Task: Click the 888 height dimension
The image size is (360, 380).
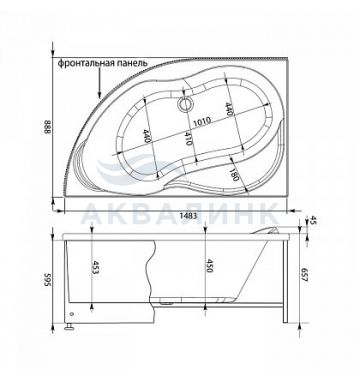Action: click(47, 127)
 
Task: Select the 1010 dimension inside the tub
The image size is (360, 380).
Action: click(201, 120)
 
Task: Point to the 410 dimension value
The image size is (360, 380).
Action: click(188, 138)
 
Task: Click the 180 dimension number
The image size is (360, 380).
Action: click(234, 174)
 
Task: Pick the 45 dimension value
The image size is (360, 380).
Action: click(313, 220)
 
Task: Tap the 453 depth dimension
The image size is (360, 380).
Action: click(95, 267)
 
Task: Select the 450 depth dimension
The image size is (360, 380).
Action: click(209, 266)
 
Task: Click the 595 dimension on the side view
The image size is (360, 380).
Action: click(47, 279)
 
